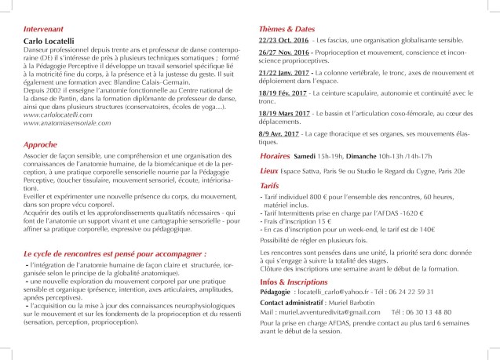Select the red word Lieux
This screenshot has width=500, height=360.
click(x=270, y=180)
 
